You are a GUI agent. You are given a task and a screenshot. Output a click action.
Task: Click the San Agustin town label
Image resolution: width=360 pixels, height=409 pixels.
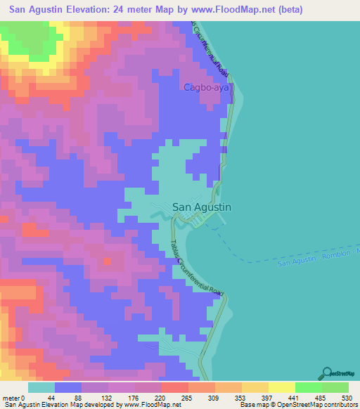(202, 207)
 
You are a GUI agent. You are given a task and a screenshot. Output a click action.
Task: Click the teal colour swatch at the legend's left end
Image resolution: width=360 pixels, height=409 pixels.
(41, 387)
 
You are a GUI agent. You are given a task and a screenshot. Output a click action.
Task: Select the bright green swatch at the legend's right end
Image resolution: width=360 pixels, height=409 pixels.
(335, 387)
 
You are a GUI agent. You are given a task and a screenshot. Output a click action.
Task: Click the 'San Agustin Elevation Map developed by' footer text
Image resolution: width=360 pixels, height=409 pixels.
(56, 405)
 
